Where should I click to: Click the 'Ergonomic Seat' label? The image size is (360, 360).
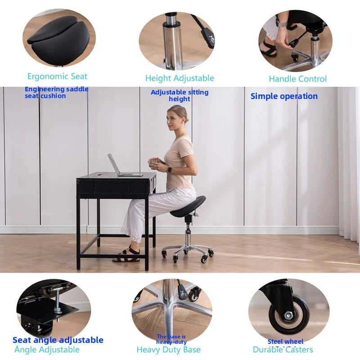(x=57, y=76)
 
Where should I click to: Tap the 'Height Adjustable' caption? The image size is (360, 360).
(x=180, y=78)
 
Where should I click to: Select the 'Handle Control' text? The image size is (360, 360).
(x=297, y=79)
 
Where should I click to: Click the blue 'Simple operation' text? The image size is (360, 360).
(x=284, y=96)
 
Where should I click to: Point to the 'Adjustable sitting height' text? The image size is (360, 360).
(x=180, y=95)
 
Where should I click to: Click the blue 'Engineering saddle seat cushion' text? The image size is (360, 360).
(x=56, y=92)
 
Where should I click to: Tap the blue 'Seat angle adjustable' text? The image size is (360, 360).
(x=58, y=340)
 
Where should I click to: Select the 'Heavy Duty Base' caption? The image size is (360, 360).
(x=169, y=350)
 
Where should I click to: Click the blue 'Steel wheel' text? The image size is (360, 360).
(x=285, y=342)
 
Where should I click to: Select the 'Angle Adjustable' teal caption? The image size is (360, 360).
(x=47, y=350)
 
